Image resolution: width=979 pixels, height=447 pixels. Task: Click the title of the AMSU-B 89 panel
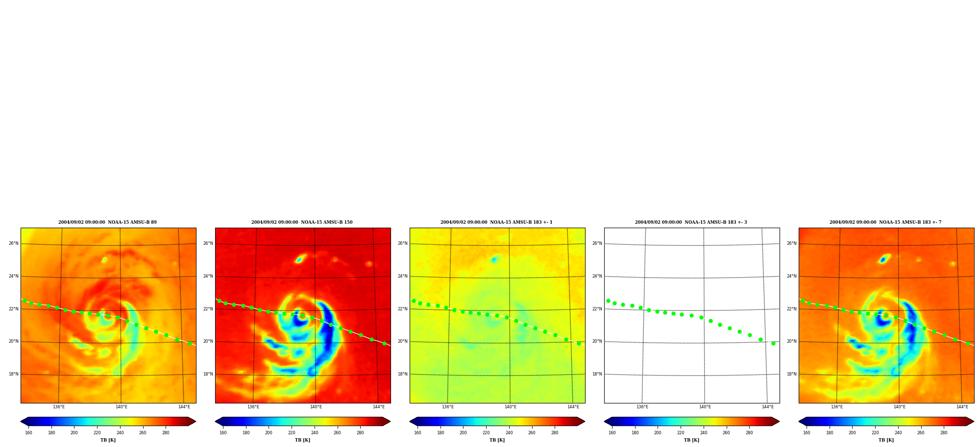[x=107, y=222]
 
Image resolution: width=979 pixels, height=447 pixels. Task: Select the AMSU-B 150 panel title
[x=302, y=222]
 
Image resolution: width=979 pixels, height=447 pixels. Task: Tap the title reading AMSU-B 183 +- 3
[x=691, y=222]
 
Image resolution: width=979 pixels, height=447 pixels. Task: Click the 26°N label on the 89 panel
[x=13, y=243]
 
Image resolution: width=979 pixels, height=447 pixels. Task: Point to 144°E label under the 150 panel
[x=378, y=407]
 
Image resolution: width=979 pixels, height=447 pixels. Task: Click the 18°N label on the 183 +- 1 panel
[x=402, y=374]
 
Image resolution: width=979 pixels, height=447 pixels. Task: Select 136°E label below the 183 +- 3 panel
[x=642, y=407]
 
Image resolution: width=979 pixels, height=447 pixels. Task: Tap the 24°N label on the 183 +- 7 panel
[x=791, y=276]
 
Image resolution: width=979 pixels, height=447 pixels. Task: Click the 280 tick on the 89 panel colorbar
[x=166, y=433]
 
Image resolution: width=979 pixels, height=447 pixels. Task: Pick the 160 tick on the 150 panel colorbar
[x=223, y=433]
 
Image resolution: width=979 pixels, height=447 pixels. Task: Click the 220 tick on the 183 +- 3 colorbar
[x=681, y=433]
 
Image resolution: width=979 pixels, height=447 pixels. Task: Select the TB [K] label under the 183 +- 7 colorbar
[x=886, y=440]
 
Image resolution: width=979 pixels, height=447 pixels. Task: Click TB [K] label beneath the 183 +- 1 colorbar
[x=497, y=440]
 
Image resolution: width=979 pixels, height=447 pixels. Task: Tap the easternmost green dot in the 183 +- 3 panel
[x=773, y=343]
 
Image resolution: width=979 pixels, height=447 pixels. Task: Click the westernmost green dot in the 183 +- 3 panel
[x=608, y=301]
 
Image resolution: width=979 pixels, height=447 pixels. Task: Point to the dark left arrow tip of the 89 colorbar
[x=21, y=421]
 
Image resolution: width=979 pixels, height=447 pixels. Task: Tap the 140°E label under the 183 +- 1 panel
[x=510, y=407]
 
